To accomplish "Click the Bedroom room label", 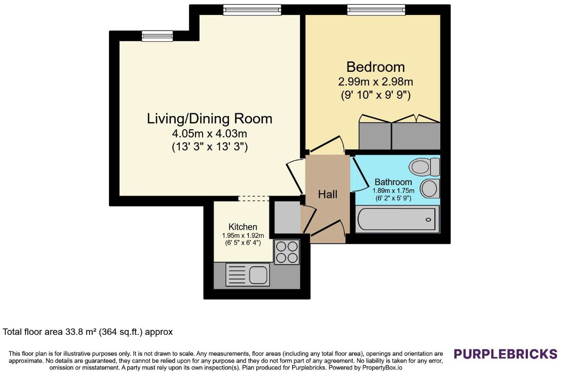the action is tap(376, 67).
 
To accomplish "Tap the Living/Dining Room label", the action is tap(209, 119).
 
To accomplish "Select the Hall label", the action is tap(328, 194).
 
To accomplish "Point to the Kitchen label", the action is tap(243, 227).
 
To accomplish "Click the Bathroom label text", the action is tap(393, 182).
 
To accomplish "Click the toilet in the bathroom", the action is tap(424, 167).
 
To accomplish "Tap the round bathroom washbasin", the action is tap(429, 188).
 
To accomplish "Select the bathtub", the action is tap(398, 219).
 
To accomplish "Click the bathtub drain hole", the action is tap(428, 220).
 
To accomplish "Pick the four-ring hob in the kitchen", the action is tap(287, 252).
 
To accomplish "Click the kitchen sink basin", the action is tap(258, 275).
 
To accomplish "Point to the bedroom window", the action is tap(376, 10).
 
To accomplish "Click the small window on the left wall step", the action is tap(157, 36).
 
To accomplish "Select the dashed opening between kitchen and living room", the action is tap(254, 198).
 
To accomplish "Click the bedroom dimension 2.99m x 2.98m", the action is tap(376, 82).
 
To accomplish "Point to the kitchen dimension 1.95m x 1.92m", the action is tap(243, 236).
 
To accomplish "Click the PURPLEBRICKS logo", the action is tap(506, 354).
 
